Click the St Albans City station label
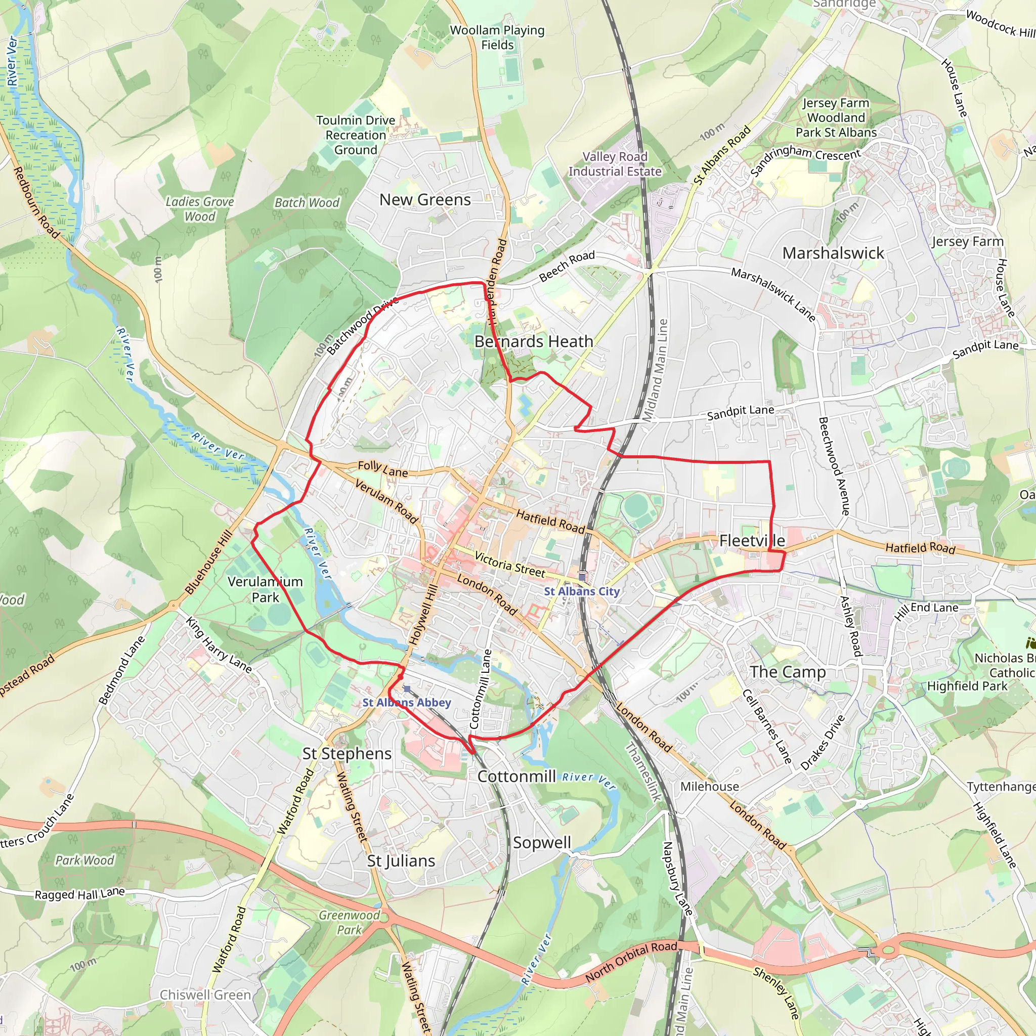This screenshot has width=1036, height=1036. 582,591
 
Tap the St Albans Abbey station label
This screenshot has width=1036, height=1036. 407,703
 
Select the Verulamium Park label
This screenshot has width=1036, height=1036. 265,589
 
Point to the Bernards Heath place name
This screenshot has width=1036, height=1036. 534,341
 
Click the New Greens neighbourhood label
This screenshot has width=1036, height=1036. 425,200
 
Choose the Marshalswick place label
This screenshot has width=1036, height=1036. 833,253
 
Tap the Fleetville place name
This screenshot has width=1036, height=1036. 752,541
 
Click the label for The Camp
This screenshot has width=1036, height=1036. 787,672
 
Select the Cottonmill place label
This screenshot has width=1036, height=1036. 516,776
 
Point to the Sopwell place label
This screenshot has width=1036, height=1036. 542,842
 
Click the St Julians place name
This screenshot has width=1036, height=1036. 401,860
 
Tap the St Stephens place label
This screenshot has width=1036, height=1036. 347,753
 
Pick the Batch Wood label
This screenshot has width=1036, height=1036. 307,203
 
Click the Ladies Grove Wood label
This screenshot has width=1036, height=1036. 199,209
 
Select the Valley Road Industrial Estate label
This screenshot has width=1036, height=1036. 615,164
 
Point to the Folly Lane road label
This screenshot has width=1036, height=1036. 383,469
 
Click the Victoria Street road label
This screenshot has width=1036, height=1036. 509,565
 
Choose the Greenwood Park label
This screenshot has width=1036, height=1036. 349,922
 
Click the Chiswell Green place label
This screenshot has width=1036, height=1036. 205,995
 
